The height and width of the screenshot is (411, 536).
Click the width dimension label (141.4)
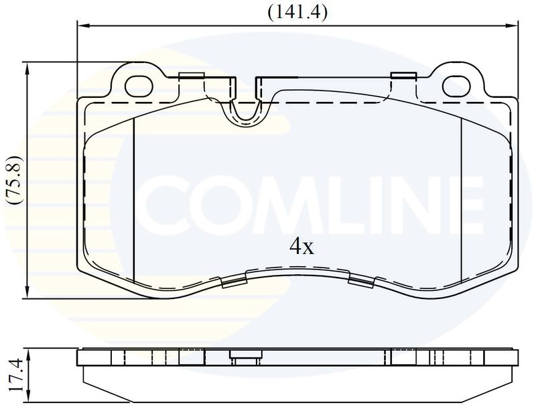(297, 13)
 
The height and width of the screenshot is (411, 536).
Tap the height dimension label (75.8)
(15, 180)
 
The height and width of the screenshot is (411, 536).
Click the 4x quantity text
(301, 246)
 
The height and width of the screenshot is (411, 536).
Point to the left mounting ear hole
(139, 86)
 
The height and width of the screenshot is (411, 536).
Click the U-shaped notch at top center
(245, 109)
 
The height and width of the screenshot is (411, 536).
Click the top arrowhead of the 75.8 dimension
(27, 68)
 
